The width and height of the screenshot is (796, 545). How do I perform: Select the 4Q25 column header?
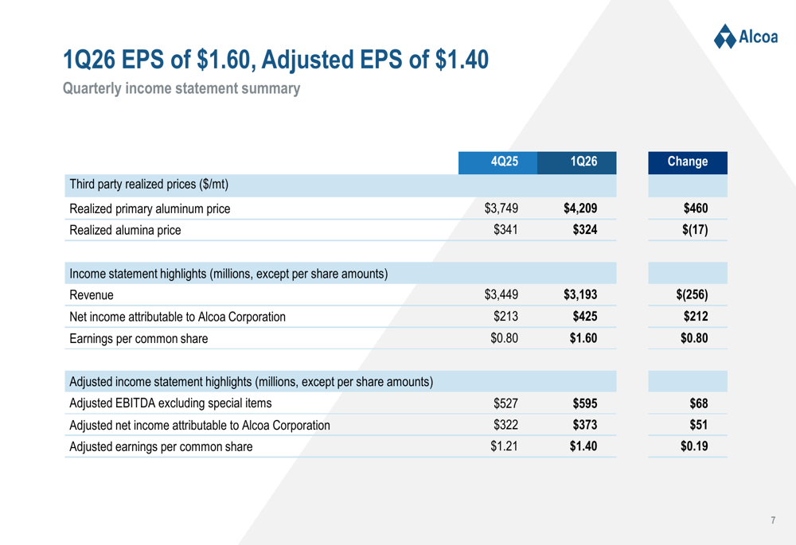(505, 162)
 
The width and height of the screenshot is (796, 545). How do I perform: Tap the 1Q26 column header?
(583, 162)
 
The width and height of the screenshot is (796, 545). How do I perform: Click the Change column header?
(688, 162)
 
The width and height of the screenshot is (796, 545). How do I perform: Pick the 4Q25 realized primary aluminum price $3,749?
(501, 209)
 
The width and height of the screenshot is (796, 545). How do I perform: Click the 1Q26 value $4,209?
(580, 209)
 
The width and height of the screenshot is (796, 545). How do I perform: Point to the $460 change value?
(695, 209)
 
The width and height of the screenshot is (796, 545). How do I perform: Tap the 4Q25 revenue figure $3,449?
(501, 295)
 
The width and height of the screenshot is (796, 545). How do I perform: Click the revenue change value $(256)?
(691, 295)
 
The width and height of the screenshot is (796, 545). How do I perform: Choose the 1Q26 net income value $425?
(584, 317)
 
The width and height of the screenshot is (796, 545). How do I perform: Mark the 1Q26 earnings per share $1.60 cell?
(583, 338)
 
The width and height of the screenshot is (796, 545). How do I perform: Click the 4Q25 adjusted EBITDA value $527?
(505, 403)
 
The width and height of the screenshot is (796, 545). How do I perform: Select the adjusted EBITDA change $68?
(698, 403)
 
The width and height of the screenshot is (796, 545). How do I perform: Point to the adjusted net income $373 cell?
(584, 425)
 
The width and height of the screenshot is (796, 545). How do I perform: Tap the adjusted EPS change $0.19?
(694, 446)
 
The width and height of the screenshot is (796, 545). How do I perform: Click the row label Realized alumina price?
(125, 231)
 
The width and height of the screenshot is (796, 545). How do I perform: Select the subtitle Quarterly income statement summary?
(181, 88)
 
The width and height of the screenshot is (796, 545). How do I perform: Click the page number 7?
(773, 520)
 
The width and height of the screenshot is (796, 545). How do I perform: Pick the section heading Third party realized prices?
(149, 185)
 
